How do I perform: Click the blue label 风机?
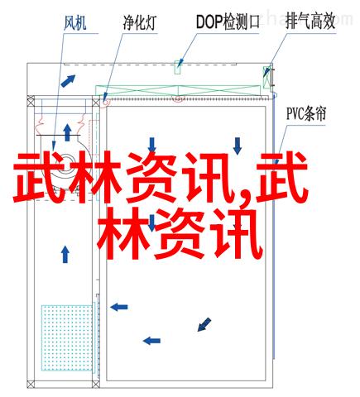(x=74, y=22)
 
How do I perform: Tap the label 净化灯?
(x=140, y=22)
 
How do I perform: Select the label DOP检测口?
(x=228, y=22)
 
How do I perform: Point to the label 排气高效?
(x=310, y=22)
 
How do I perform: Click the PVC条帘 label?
(x=306, y=113)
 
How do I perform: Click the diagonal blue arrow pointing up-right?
(x=68, y=81)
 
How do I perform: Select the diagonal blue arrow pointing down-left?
(x=204, y=324)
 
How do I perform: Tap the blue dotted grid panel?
(x=67, y=337)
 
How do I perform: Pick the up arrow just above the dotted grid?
(x=65, y=255)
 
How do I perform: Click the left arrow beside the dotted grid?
(x=119, y=307)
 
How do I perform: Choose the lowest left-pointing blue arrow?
(x=151, y=341)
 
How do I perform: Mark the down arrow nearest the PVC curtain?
(x=238, y=146)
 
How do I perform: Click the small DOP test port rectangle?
(x=178, y=67)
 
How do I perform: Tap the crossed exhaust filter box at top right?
(x=267, y=77)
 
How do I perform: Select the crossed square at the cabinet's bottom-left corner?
(x=31, y=384)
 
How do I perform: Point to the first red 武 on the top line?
(x=39, y=178)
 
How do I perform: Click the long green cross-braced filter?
(x=178, y=91)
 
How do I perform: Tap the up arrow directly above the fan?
(x=67, y=132)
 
